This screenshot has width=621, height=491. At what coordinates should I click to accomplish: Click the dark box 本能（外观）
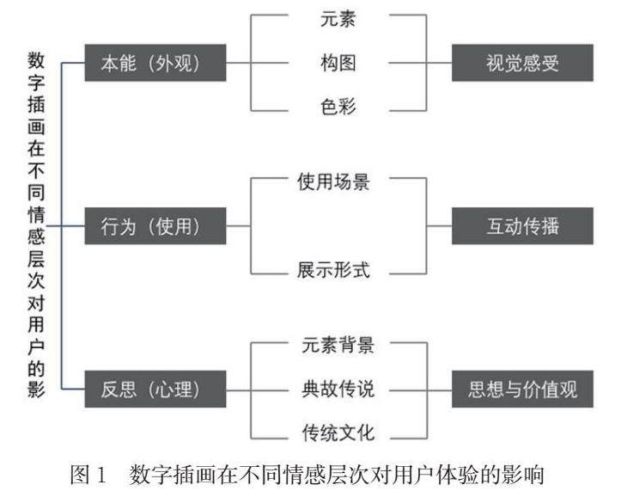pyautogui.click(x=155, y=64)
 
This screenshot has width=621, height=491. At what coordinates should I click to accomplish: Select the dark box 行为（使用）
pyautogui.click(x=155, y=226)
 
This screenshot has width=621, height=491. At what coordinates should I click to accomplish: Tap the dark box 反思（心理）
pyautogui.click(x=155, y=389)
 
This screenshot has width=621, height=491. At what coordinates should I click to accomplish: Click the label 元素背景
pyautogui.click(x=338, y=346)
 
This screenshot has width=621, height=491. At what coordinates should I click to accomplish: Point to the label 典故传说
pyautogui.click(x=338, y=389)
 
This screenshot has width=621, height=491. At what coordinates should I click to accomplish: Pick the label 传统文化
pyautogui.click(x=338, y=432)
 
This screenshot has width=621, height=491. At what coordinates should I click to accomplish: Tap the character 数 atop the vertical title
pyautogui.click(x=36, y=61)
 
